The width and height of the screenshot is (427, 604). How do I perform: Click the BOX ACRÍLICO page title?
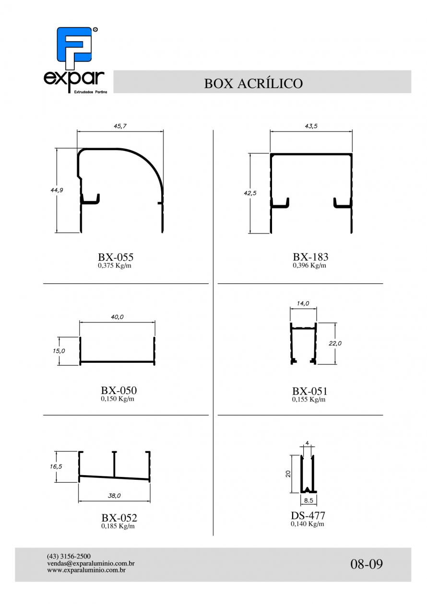[x=253, y=83]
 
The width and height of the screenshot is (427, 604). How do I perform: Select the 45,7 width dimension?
[x=120, y=126]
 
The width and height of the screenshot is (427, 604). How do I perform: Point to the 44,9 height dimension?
[x=57, y=190]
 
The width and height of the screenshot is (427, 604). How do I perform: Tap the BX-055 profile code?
[x=116, y=257]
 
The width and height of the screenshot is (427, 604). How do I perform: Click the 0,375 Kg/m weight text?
[x=115, y=266]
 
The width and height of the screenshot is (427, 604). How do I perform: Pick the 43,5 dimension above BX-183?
[x=311, y=126]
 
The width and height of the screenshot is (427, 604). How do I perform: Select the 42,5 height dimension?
[x=250, y=193]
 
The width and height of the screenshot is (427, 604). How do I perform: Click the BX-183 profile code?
[x=310, y=257]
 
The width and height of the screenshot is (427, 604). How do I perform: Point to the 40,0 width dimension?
[x=117, y=317]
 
